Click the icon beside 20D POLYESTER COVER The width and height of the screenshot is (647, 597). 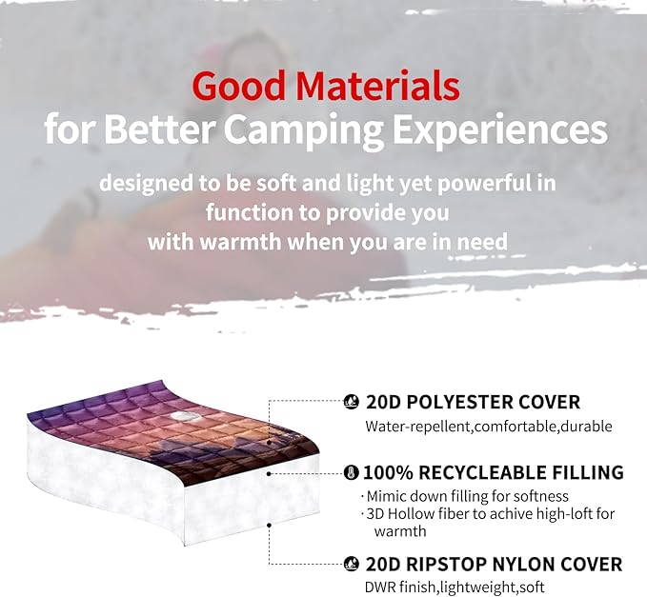(x=351, y=402)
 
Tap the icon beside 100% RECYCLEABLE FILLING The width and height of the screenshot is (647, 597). (x=351, y=472)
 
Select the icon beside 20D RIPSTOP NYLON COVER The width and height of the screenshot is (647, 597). (x=351, y=563)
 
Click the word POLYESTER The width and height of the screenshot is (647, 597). (x=451, y=402)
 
